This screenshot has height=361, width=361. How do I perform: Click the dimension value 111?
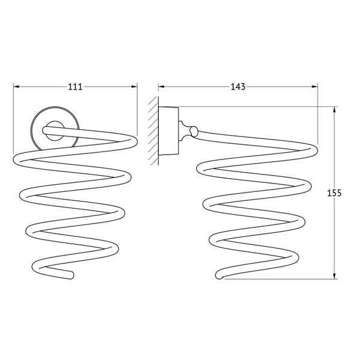click(75, 87)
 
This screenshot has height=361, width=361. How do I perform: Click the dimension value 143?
click(238, 87)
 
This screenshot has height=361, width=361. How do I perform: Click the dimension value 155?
click(335, 193)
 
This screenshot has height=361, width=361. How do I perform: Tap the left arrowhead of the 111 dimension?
click(16, 87)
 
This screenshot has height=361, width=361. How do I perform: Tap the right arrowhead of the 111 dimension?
click(134, 87)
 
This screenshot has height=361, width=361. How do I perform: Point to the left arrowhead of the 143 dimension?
click(161, 87)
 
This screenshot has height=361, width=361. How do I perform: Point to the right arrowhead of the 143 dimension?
click(315, 87)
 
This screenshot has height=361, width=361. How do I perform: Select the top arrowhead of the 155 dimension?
click(335, 110)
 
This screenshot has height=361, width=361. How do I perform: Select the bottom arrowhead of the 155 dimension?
click(335, 276)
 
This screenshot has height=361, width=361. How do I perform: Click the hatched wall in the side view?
click(153, 131)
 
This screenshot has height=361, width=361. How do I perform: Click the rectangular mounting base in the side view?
click(168, 131)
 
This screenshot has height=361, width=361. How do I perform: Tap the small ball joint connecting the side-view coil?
click(194, 131)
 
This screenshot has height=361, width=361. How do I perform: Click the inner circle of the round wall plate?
click(55, 131)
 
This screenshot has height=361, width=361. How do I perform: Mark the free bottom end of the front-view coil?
click(71, 276)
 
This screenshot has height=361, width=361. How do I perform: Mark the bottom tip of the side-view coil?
click(219, 276)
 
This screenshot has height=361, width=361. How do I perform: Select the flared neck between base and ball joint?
click(184, 131)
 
